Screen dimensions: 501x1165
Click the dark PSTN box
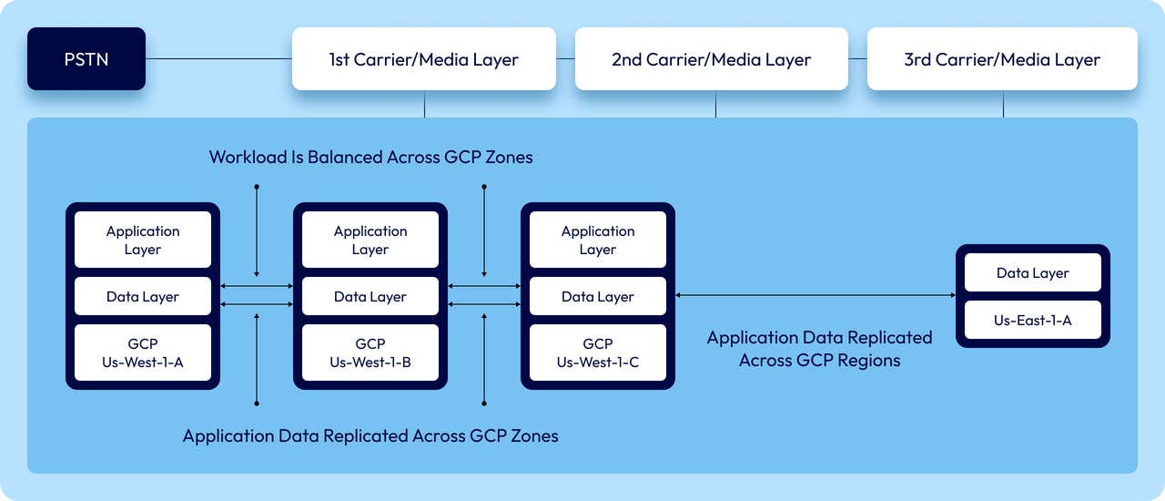(86, 59)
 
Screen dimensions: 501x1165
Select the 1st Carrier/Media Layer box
(423, 59)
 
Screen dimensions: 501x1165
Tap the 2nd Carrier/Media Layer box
(711, 59)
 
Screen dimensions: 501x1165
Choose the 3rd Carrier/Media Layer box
(1002, 59)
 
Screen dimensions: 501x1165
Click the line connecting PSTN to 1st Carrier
(218, 59)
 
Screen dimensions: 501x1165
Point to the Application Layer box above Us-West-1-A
(143, 240)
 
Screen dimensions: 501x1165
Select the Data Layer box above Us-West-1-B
(370, 296)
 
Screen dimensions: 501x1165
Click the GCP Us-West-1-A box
(143, 353)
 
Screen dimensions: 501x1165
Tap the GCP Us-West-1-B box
(370, 353)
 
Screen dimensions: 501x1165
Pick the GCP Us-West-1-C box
(598, 353)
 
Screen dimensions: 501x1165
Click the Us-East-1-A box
(1033, 320)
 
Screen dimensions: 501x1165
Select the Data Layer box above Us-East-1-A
(1033, 272)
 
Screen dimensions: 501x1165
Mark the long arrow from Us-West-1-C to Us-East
(815, 295)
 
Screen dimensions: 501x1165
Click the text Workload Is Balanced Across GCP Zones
(370, 157)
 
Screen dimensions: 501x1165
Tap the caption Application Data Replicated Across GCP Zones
(370, 435)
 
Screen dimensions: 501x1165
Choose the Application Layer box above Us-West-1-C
(598, 240)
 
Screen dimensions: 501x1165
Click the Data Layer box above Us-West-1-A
(143, 296)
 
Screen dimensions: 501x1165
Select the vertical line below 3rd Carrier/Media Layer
(1003, 104)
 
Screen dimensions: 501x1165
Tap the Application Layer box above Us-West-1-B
(370, 240)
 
